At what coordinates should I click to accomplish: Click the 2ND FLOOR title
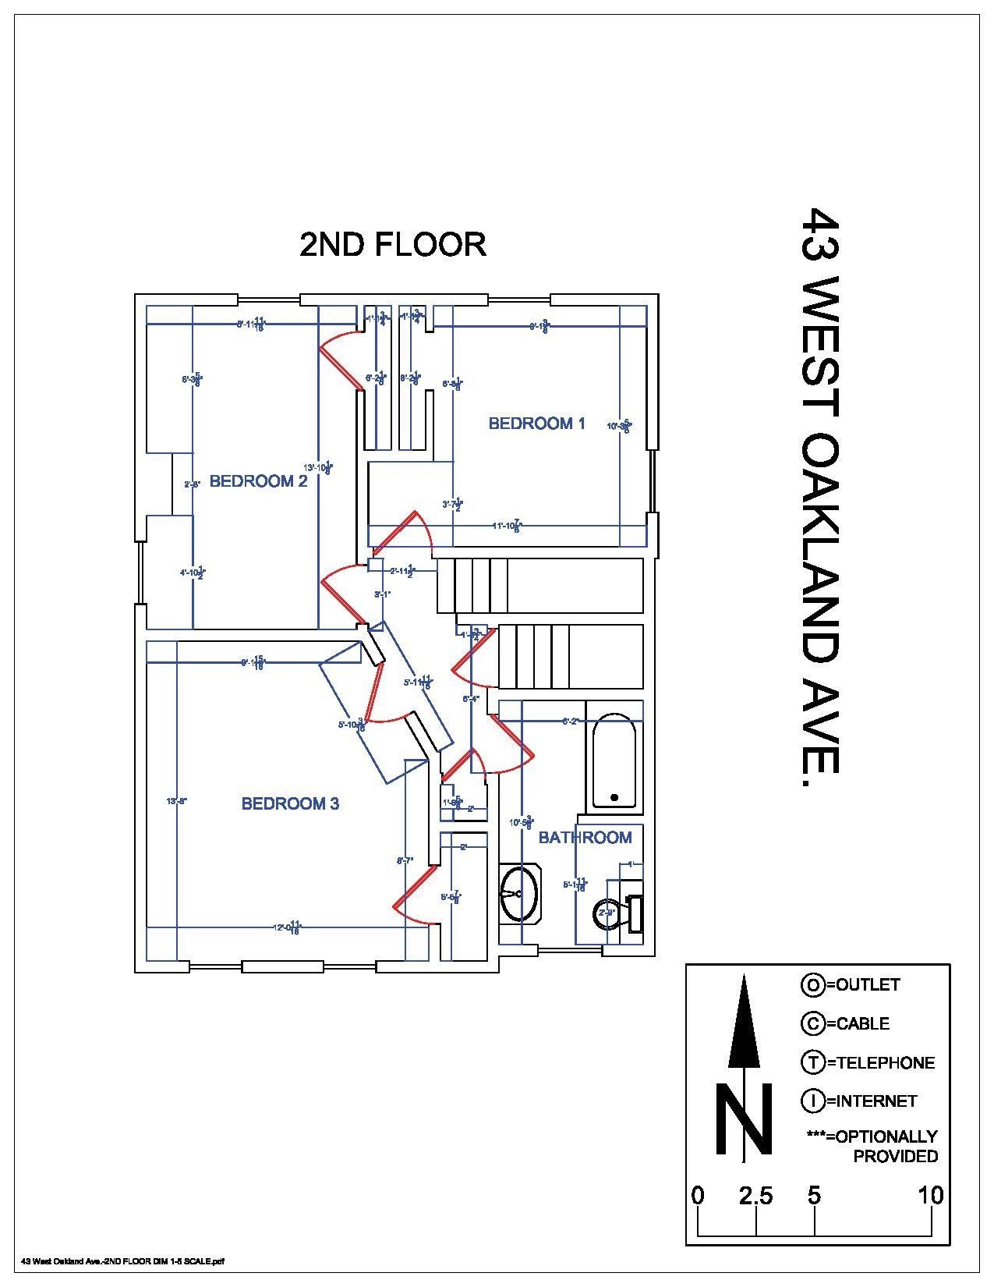tap(393, 245)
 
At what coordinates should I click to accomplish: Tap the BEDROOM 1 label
tap(536, 424)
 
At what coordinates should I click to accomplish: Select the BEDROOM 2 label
tap(258, 481)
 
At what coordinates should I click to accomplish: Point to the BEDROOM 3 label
tap(290, 803)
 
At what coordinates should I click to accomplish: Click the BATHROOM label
tap(585, 838)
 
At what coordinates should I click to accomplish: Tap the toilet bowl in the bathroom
tap(607, 913)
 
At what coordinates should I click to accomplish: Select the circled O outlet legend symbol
tap(812, 985)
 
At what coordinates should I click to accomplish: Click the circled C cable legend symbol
tap(812, 1023)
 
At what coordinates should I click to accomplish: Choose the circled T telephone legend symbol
tap(812, 1062)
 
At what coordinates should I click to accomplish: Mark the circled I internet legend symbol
tap(812, 1101)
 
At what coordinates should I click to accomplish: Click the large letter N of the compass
tap(745, 1119)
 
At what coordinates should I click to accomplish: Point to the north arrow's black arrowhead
tap(745, 1022)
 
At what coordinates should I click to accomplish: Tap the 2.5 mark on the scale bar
tap(755, 1196)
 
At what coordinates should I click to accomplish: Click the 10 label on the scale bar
tap(930, 1196)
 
